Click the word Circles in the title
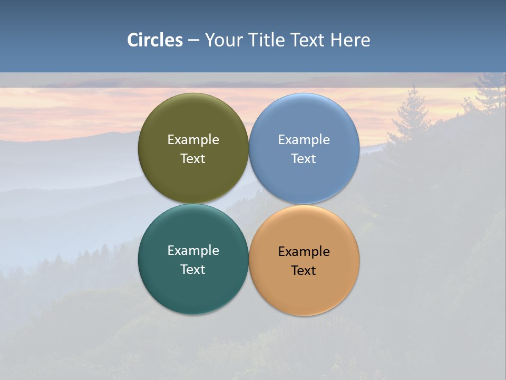pyautogui.click(x=155, y=40)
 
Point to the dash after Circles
pyautogui.click(x=193, y=41)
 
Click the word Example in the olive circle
pyautogui.click(x=193, y=140)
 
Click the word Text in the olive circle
pyautogui.click(x=193, y=159)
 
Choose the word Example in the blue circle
pyautogui.click(x=304, y=140)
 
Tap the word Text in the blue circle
pyautogui.click(x=304, y=159)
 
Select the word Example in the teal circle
pyautogui.click(x=193, y=251)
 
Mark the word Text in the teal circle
pyautogui.click(x=193, y=270)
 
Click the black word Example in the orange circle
pyautogui.click(x=304, y=252)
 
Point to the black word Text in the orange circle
pyautogui.click(x=304, y=271)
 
